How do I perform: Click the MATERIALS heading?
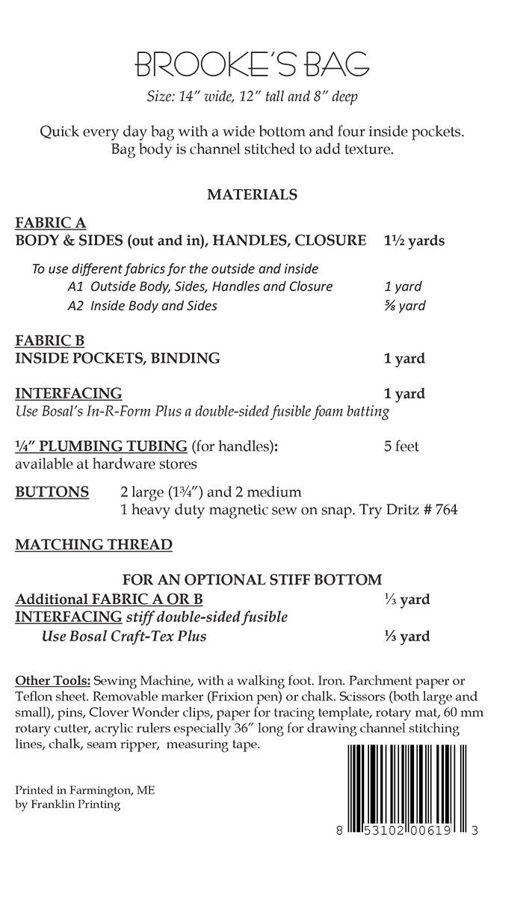point(252,194)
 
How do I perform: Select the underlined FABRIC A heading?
point(50,223)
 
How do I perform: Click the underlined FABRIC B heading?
point(50,341)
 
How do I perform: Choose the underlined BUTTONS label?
point(52,492)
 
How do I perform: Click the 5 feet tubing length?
point(401,446)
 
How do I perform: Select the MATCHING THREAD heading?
point(93,544)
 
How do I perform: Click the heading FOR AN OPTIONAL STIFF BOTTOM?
point(252,579)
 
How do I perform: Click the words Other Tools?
point(52,680)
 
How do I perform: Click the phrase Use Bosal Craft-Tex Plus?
point(123,636)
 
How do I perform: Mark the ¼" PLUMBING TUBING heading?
point(101,446)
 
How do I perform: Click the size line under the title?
point(252,96)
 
